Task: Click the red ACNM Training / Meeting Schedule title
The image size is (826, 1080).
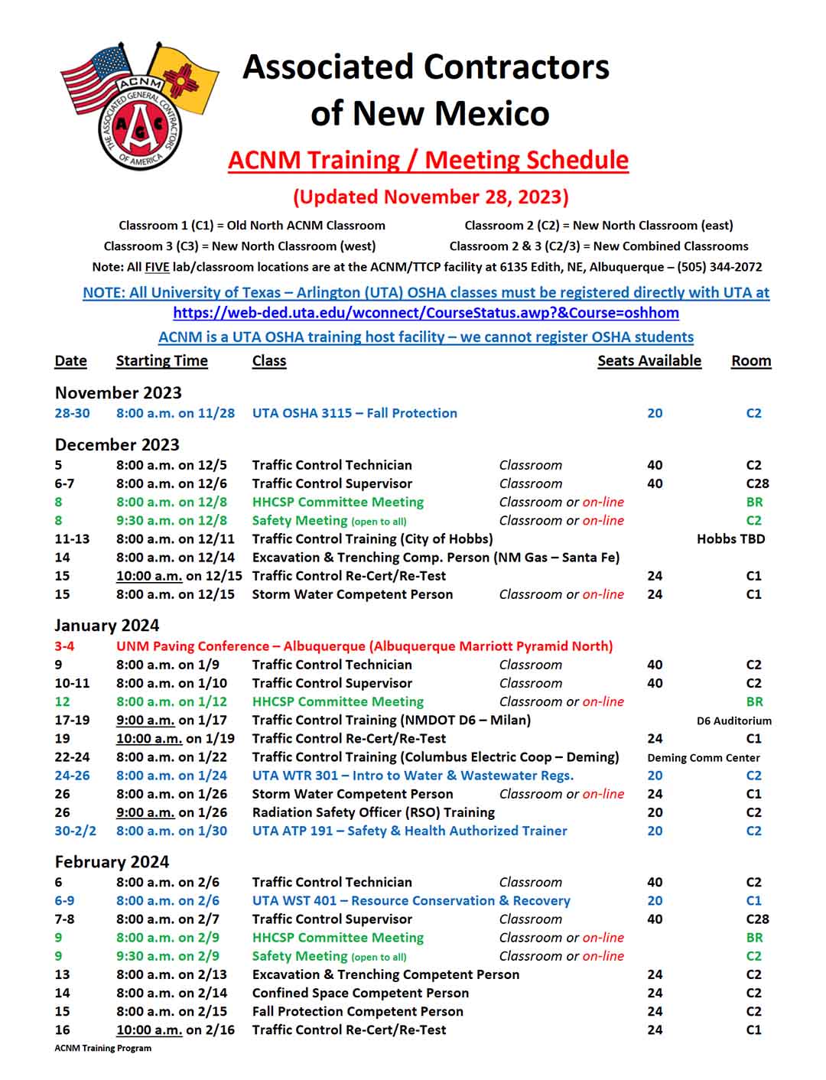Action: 428,160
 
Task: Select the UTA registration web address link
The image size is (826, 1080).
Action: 425,313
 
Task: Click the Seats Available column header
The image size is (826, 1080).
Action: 649,361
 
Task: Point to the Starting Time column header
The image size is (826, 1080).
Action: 161,361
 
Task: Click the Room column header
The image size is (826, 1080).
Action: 750,361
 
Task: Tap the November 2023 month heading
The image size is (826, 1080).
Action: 118,393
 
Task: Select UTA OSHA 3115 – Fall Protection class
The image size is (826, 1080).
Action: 354,413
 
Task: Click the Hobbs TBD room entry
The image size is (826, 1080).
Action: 730,539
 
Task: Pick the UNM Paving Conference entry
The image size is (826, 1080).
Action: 364,646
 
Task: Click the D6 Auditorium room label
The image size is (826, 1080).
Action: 733,721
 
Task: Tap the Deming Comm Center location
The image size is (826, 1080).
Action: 703,758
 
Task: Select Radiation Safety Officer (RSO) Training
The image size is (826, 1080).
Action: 373,812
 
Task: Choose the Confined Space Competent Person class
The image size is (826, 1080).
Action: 360,993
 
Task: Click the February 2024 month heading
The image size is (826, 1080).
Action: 112,862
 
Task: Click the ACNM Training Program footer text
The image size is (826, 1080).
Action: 102,1049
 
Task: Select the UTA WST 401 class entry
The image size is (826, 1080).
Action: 411,901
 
